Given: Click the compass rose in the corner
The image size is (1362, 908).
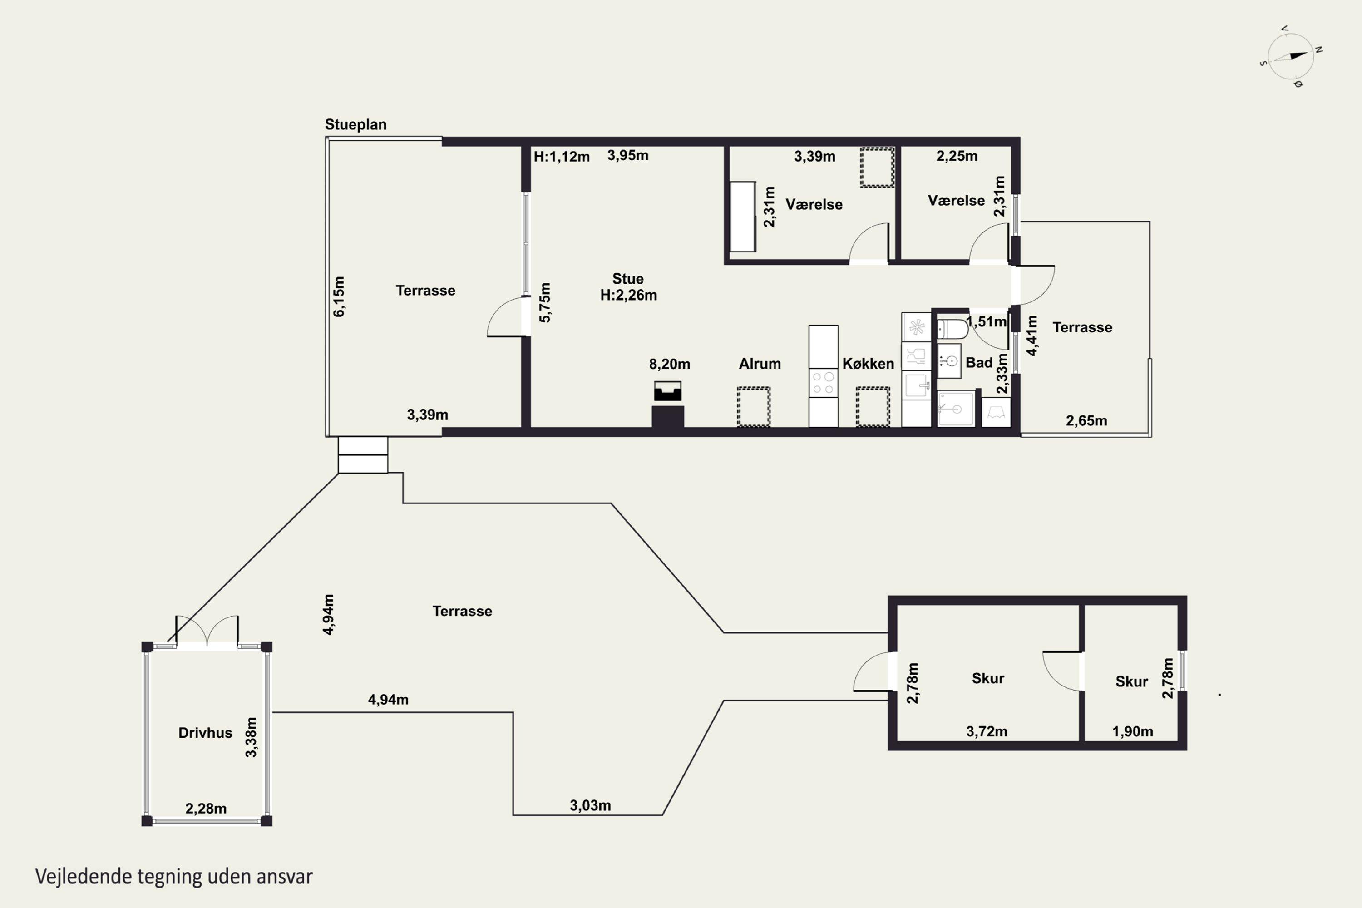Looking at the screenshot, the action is click(1291, 56).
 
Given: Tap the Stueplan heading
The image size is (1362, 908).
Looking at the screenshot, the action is click(355, 124).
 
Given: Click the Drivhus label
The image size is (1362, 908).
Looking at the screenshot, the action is click(205, 733).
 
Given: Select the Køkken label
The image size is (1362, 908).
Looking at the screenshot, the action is click(868, 364).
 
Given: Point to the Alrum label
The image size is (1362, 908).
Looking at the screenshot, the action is click(760, 364).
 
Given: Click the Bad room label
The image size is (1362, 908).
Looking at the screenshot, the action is click(979, 362).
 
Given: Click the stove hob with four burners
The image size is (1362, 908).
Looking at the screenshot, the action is click(823, 383).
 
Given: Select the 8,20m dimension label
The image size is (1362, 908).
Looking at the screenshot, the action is click(669, 364).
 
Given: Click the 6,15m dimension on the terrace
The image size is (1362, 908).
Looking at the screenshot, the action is click(339, 296).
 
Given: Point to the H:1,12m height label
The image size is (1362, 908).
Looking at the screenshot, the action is click(561, 156).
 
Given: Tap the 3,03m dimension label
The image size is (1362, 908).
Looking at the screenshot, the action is click(590, 805).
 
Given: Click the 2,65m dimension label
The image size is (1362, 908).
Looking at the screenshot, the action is click(1086, 421).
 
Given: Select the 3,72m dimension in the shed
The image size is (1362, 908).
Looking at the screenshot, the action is click(987, 731).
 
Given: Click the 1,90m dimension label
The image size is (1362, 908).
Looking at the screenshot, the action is click(1133, 731).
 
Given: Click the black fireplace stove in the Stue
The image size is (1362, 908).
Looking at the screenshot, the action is click(668, 391).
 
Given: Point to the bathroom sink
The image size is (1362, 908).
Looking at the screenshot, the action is click(950, 361).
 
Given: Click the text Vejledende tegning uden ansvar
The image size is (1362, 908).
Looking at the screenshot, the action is click(174, 877).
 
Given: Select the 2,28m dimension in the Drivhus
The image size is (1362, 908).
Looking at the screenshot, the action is click(206, 809).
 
